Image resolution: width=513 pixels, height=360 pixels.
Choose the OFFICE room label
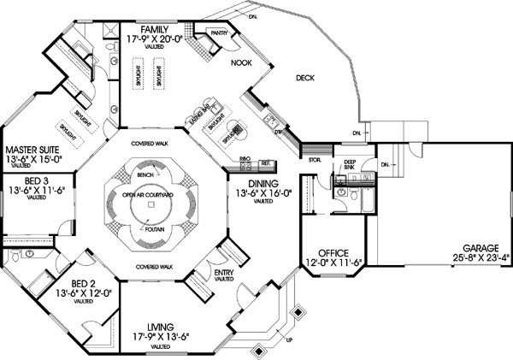333,253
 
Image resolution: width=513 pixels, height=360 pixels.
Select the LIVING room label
161,328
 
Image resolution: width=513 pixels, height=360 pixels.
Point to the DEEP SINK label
350,165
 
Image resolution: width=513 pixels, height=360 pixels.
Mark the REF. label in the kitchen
266,162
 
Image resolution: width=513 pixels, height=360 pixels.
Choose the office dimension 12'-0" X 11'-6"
333,263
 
